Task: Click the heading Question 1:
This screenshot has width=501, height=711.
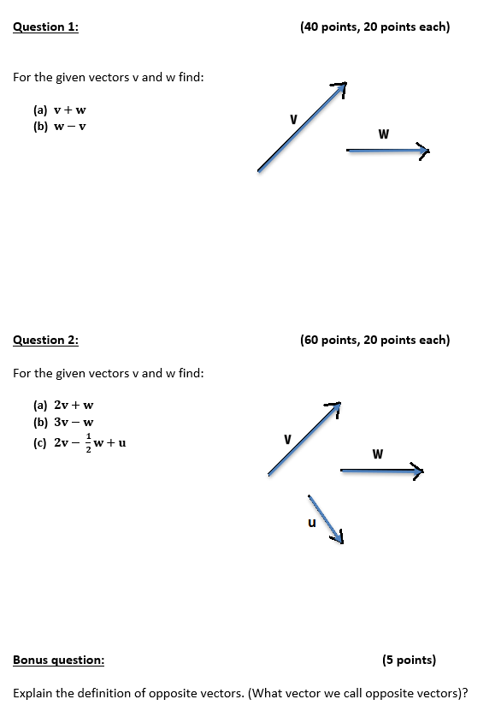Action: pyautogui.click(x=45, y=27)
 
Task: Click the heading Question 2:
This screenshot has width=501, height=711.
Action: pyautogui.click(x=45, y=341)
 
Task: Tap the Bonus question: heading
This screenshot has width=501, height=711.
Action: pyautogui.click(x=59, y=661)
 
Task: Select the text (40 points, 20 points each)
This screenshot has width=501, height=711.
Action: pyautogui.click(x=374, y=27)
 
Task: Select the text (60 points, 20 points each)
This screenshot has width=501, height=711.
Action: pyautogui.click(x=374, y=341)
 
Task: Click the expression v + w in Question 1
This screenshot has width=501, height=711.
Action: pyautogui.click(x=70, y=110)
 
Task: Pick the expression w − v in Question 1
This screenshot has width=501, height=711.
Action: pyautogui.click(x=70, y=126)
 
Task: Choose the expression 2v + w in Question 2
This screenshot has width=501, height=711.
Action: pyautogui.click(x=74, y=406)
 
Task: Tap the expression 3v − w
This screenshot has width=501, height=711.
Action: pyautogui.click(x=74, y=422)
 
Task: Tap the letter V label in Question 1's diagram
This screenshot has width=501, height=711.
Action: pyautogui.click(x=293, y=119)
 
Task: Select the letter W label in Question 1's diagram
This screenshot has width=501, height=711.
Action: pyautogui.click(x=383, y=133)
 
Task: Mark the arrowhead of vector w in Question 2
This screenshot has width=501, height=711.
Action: pyautogui.click(x=417, y=470)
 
